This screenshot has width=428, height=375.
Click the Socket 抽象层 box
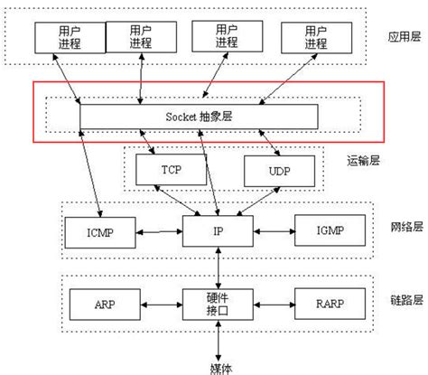[199, 117]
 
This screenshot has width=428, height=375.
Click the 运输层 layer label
[362, 163]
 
